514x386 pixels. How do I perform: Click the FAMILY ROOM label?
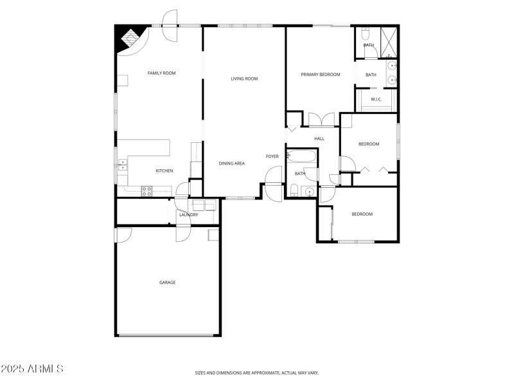161,73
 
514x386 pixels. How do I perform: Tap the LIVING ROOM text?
244,79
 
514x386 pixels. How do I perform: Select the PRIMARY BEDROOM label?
320,75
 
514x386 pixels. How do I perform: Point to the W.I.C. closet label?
377,99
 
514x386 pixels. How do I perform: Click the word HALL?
319,138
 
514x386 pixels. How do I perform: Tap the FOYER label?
272,156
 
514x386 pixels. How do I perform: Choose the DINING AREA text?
231,163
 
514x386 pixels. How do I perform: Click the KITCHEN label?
164,170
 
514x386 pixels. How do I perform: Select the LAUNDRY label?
189,215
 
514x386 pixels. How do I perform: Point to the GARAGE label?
167,282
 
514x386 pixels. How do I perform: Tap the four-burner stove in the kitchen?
146,190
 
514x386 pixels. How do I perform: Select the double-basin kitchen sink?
122,167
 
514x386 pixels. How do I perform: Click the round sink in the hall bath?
308,192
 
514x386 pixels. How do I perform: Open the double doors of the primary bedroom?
321,120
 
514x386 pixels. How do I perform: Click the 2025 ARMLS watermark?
32,369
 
